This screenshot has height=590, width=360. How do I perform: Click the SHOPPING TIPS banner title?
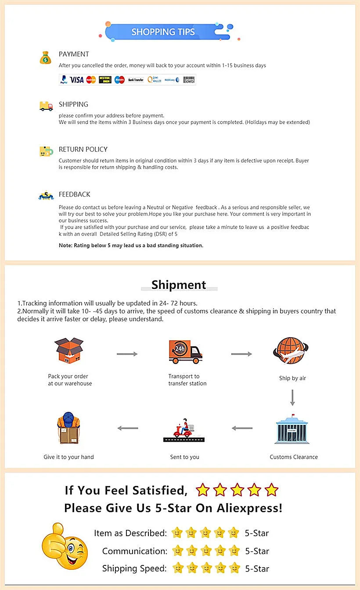163,32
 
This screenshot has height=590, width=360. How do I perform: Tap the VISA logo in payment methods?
77,79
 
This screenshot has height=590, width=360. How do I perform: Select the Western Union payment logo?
105,79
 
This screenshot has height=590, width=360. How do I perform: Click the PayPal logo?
64,80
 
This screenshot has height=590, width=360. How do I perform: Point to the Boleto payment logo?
189,79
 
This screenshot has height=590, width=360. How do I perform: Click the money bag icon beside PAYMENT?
46,58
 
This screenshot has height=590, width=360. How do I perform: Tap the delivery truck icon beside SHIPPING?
46,106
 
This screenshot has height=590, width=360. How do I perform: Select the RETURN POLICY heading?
83,149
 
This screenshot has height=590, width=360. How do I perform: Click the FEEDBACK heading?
75,194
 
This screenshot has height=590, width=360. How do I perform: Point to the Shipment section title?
179,285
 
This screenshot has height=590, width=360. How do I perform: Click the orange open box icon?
69,351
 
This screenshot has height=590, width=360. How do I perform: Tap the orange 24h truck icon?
185,352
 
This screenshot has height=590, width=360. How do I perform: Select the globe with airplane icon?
291,351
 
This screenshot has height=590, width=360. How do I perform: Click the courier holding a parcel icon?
68,428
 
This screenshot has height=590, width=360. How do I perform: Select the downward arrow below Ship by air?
292,397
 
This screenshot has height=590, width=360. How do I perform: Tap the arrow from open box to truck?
127,354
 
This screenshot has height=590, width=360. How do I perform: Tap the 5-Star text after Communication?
257,551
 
